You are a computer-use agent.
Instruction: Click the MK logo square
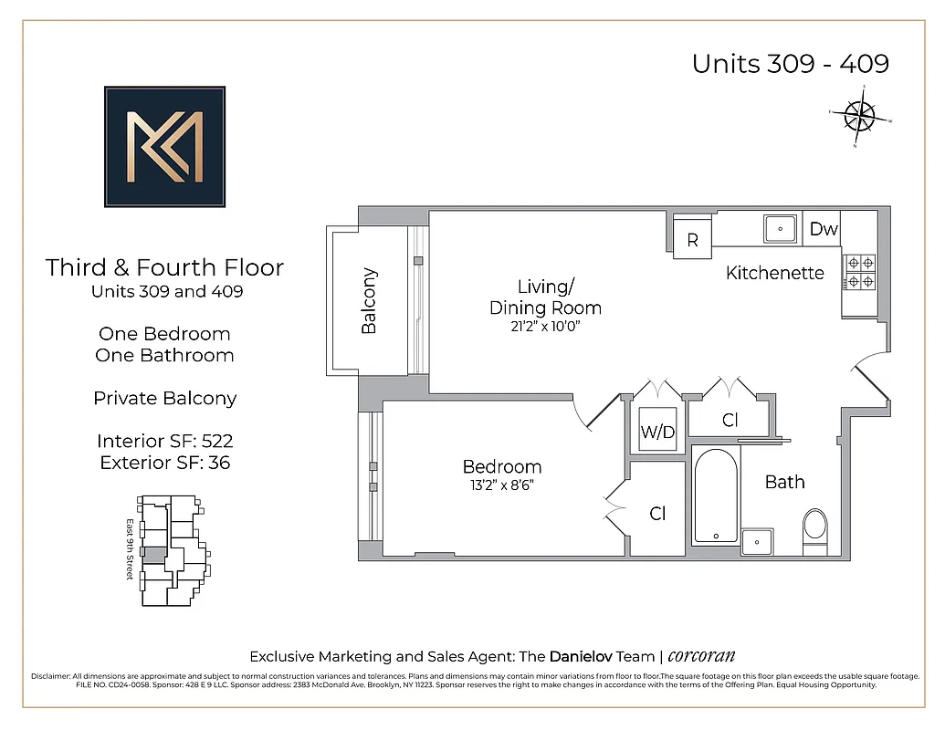(164, 146)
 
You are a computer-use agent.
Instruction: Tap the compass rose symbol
(859, 116)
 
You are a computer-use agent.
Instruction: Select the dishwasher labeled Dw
(824, 229)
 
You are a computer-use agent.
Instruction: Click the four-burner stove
(858, 271)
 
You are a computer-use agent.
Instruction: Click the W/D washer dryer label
(657, 433)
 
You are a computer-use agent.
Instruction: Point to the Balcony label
(369, 300)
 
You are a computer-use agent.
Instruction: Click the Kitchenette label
(775, 273)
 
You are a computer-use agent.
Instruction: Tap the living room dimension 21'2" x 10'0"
(545, 327)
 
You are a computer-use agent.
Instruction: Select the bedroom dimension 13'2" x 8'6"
(501, 485)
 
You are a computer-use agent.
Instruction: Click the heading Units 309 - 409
(790, 64)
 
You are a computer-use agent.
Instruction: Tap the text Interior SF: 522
(164, 442)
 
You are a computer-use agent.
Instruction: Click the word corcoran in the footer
(701, 656)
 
